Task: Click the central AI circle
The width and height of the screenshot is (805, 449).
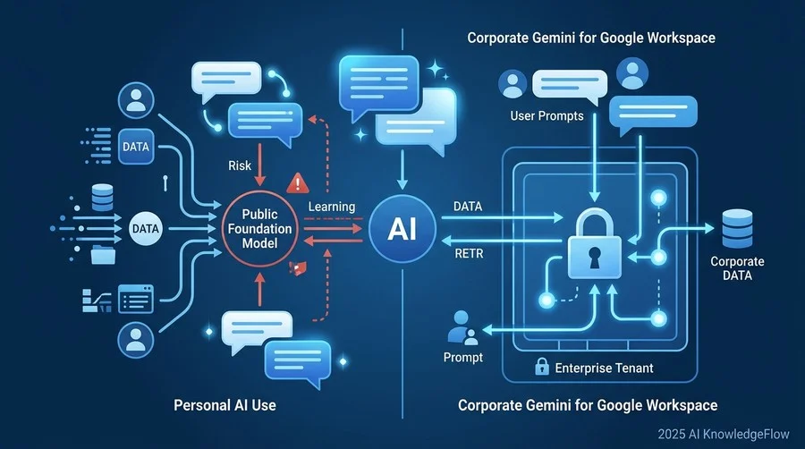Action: [402, 228]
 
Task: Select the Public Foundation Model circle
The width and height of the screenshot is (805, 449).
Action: [259, 229]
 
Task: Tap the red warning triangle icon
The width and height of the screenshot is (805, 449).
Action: [297, 182]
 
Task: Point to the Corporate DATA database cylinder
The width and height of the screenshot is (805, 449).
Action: [737, 228]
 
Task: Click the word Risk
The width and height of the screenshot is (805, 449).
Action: [240, 165]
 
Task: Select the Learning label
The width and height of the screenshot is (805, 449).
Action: [332, 207]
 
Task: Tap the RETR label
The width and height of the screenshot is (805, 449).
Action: [469, 253]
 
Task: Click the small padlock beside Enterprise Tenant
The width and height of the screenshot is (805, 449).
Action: [542, 367]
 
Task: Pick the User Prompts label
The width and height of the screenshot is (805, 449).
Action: [547, 116]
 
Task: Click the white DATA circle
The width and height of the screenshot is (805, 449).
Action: [146, 228]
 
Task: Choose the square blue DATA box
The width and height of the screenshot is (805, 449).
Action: [136, 147]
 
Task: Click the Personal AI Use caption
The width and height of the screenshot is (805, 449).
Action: [225, 405]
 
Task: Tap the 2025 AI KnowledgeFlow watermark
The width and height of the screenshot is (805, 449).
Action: [724, 434]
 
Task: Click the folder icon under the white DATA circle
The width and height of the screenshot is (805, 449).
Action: [103, 255]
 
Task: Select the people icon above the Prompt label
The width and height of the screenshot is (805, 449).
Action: [462, 328]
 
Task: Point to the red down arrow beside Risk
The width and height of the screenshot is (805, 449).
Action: [260, 165]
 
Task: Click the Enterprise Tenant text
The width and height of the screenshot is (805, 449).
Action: [605, 368]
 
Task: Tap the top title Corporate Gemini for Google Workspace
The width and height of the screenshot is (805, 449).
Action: [591, 38]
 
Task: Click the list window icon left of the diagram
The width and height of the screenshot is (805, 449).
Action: [136, 300]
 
